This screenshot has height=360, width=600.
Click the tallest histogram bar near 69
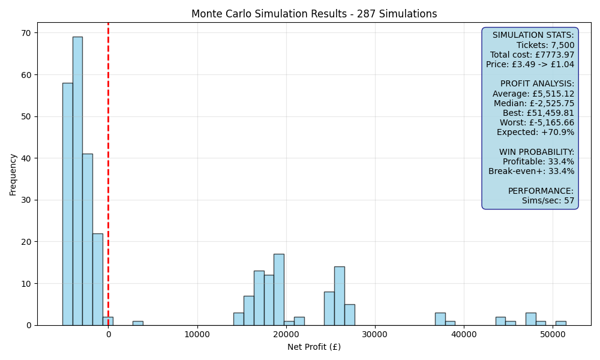click(77, 181)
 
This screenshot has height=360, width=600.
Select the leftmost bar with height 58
click(68, 204)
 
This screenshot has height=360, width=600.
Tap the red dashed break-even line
click(108, 174)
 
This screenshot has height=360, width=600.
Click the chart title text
click(314, 14)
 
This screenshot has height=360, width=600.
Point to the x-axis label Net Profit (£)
click(314, 347)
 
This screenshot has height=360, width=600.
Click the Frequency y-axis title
click(13, 175)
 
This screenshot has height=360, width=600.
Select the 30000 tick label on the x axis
click(375, 334)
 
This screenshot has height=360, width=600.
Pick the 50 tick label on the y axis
click(26, 116)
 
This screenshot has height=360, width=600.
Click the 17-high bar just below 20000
click(279, 290)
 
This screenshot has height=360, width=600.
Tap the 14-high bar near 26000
click(340, 296)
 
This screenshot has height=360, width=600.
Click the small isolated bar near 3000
click(138, 323)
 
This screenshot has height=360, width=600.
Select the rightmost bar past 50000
click(561, 323)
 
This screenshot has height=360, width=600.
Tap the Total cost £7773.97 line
click(532, 55)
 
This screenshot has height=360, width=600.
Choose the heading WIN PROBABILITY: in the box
click(537, 152)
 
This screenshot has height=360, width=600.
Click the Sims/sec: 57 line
click(548, 200)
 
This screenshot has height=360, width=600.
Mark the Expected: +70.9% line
click(536, 133)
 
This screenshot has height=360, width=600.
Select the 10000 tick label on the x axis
click(197, 334)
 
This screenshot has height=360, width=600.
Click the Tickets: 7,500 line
click(545, 45)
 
